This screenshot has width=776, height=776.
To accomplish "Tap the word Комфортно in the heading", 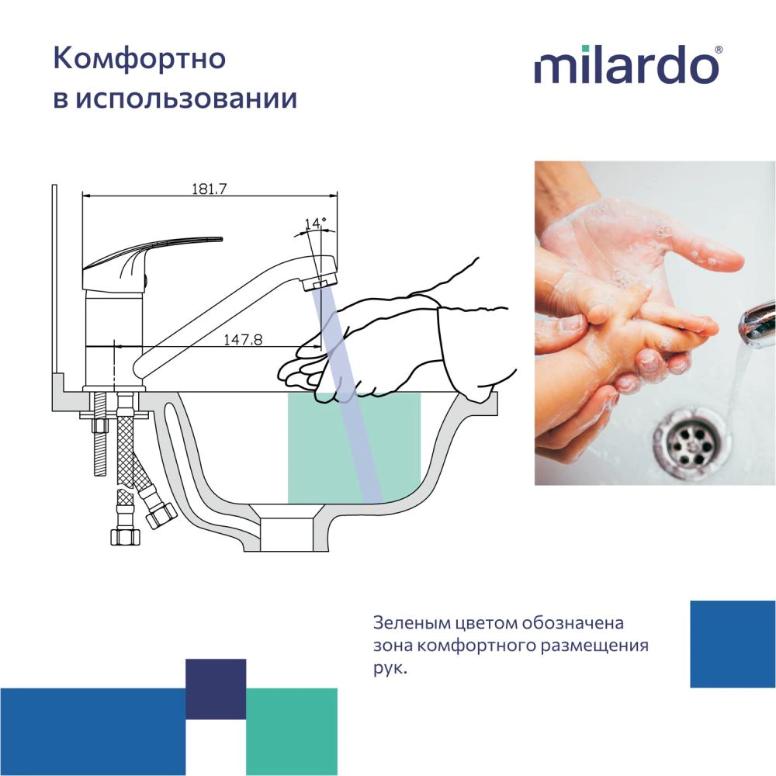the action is point(139,59).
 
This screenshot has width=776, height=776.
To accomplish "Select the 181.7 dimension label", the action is point(210,189).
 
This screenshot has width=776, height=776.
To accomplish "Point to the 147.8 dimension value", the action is point(243,340).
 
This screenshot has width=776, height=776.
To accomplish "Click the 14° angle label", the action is point(315,223).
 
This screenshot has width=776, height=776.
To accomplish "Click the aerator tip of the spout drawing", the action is point(320,284).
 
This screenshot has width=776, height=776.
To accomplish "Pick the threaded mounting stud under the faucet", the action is point(100,434).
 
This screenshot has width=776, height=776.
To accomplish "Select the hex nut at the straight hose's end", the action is point(125,536).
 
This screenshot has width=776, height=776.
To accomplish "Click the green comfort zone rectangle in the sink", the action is point(354,449).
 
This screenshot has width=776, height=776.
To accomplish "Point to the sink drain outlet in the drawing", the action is point(287,534).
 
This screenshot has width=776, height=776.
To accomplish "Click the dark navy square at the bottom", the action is point(216,689).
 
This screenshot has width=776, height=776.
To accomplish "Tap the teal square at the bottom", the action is point(292,732).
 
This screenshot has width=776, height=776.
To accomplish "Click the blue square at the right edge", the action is point(733,644).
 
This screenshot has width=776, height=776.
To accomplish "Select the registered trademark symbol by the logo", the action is point(719,50).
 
